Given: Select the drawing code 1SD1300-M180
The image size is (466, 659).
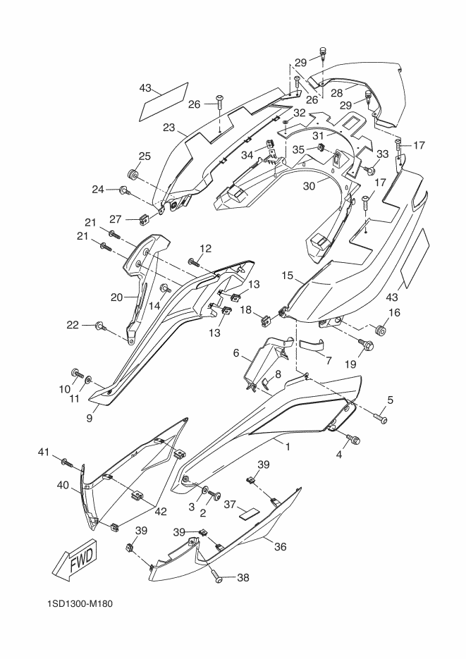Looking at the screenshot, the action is coord(80,604).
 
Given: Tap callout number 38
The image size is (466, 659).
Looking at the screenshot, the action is coord(243,577).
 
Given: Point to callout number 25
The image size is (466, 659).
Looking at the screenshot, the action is coord(145,156).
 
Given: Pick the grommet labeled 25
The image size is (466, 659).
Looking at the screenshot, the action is coord(133,173).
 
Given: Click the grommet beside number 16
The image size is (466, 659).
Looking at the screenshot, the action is coord(380,330).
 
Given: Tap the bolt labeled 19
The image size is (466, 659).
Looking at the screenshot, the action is coord(364,346).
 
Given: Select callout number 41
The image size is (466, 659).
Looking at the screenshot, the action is coord(44,452).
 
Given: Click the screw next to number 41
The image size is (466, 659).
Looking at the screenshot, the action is coord(67,463).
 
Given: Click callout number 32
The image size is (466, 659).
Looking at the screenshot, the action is coord(299,113).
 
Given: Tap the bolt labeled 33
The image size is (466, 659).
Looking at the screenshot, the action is coord(369,171).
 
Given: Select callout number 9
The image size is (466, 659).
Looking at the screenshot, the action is coord(90,419).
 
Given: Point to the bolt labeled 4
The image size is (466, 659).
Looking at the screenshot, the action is coord(353,440).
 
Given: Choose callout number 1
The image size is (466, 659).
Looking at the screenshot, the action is coord(288,447).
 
